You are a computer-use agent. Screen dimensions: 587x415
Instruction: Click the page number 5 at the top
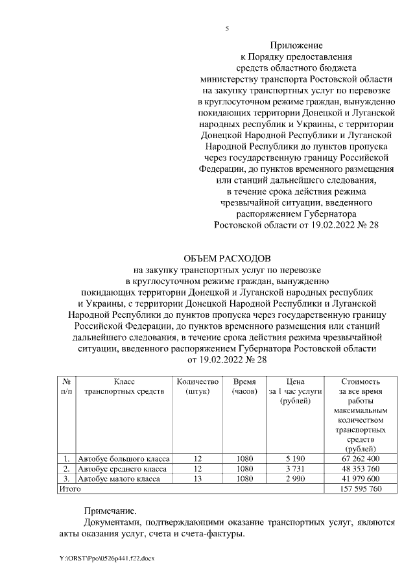(227, 29)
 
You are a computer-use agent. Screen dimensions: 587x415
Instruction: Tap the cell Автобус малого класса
(117, 479)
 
